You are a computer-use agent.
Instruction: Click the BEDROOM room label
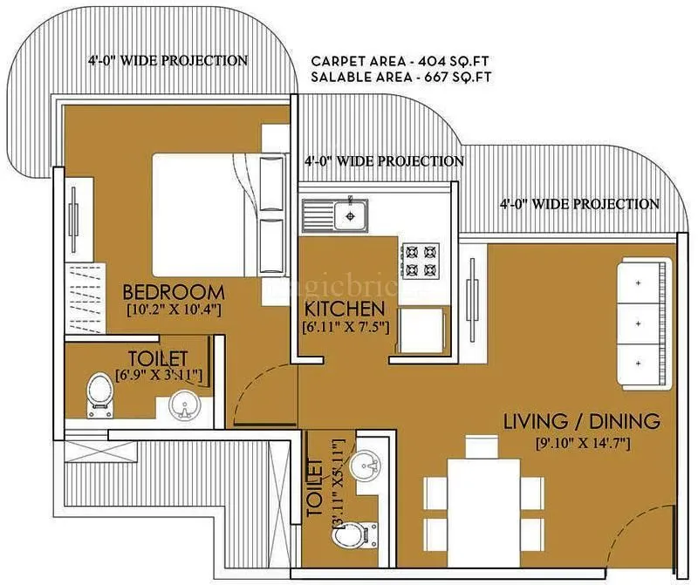(173, 291)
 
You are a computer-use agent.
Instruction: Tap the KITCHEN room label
(344, 309)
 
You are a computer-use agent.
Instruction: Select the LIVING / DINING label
(582, 422)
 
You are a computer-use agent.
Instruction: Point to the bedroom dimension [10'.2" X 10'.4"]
(173, 310)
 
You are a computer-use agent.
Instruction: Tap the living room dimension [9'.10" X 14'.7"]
(582, 443)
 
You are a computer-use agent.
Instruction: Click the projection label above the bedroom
(168, 61)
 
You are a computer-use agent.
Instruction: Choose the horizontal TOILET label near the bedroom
(158, 358)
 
